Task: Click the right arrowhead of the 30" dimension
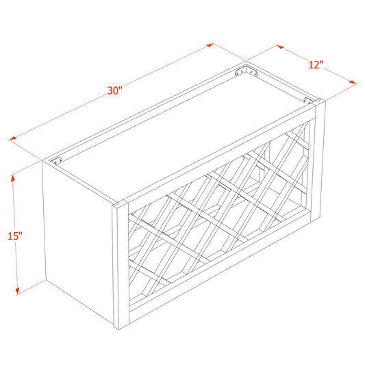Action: (212, 45)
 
